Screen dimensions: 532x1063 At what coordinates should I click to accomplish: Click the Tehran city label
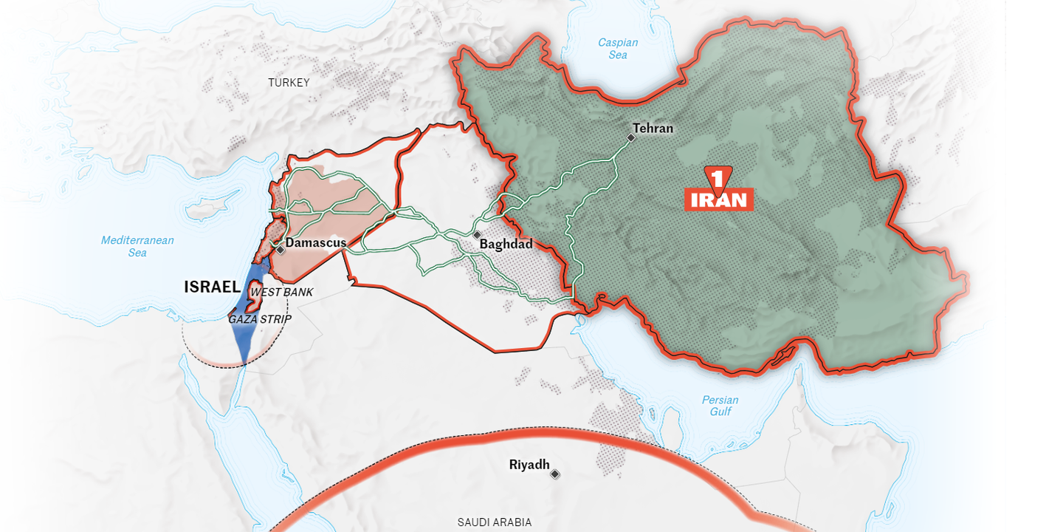(x=653, y=129)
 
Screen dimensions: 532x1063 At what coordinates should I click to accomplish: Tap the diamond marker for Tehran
(x=631, y=137)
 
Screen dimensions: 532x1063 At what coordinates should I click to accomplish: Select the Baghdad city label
(x=506, y=244)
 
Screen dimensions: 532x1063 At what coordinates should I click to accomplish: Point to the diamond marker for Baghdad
(x=477, y=234)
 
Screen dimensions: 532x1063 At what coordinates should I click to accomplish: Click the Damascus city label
(x=316, y=242)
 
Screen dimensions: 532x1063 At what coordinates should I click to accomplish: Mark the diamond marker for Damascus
(x=281, y=250)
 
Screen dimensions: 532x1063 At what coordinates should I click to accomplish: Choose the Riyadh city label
(x=529, y=465)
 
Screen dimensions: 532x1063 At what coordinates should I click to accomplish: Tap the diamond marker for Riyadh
(x=554, y=474)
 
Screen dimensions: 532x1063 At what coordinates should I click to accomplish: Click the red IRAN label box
(x=719, y=199)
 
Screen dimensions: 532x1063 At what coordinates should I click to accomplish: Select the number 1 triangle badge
(x=715, y=177)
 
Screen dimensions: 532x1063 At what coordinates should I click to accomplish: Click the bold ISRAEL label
(x=212, y=287)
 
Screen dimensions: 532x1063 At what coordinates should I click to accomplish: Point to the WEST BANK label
(x=281, y=292)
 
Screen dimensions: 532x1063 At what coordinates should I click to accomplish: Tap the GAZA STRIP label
(x=260, y=319)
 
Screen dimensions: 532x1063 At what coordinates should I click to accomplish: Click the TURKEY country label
(x=289, y=83)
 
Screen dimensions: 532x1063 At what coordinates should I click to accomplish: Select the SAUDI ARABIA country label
(x=494, y=522)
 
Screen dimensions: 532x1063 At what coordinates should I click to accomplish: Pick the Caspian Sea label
(x=618, y=49)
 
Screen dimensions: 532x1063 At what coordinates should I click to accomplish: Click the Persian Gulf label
(x=720, y=406)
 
